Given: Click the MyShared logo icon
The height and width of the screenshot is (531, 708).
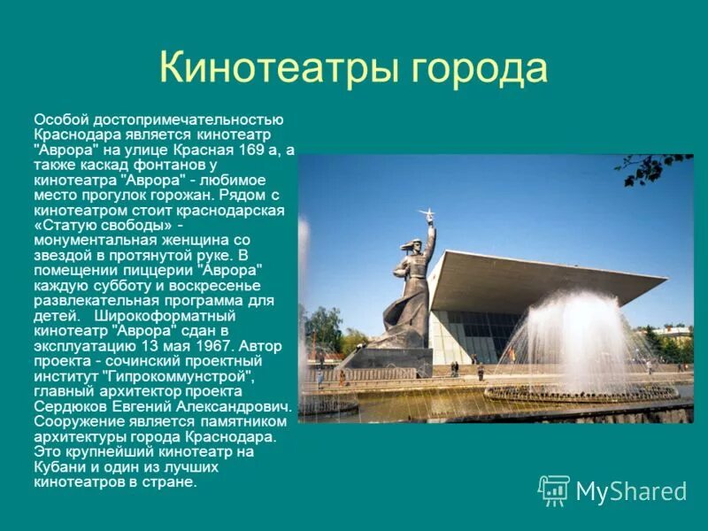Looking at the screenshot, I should (554, 490).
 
